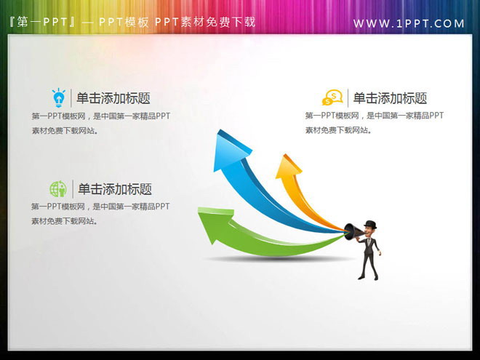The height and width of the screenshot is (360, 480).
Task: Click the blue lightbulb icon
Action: pos(58,97)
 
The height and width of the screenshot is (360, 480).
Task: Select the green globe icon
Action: pos(58,189)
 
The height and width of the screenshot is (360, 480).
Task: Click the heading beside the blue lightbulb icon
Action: pos(113,98)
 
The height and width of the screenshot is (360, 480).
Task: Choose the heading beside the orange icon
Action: pos(390,98)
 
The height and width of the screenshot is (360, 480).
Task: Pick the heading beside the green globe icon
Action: pos(115,189)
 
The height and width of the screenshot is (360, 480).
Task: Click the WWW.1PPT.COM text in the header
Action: pos(409,23)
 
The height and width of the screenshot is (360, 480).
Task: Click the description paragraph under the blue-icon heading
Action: pos(101,123)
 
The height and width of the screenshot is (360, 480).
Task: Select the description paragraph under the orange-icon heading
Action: pos(374,123)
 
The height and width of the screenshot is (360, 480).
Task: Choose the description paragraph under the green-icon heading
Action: pos(101,214)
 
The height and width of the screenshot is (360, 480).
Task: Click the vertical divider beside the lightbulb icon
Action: pos(71,97)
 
